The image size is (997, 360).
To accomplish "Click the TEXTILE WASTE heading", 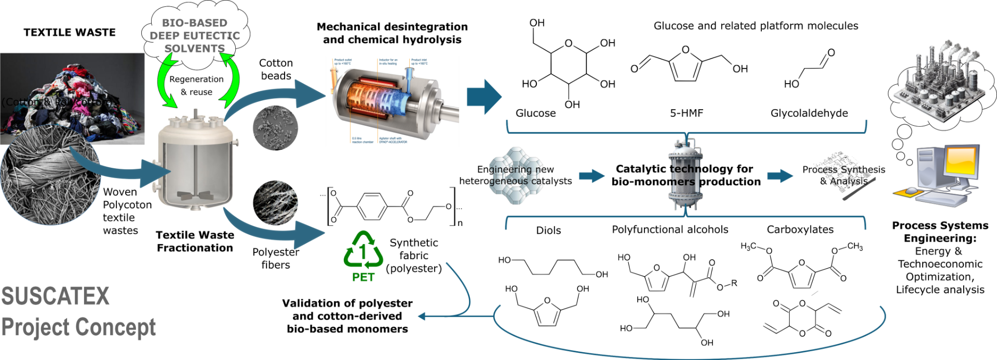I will click(70, 32).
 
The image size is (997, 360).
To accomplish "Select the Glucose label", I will click(535, 113).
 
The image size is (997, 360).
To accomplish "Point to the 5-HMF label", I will click(686, 113).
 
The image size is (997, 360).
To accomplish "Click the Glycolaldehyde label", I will click(809, 113).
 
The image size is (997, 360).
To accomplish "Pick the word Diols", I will click(548, 230).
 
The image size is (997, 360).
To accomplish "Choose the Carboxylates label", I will click(800, 230).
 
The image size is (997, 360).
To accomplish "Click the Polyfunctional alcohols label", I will click(670, 230).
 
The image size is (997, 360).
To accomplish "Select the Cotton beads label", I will click(276, 69).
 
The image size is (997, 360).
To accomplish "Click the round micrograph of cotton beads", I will click(276, 128).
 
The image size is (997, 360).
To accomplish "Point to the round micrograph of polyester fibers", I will click(275, 203).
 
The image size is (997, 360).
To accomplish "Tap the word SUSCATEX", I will click(56, 296).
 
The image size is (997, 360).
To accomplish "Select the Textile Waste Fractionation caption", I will click(195, 242).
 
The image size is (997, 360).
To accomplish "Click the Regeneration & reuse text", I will click(196, 86).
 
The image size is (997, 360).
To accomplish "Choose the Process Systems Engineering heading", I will click(940, 232).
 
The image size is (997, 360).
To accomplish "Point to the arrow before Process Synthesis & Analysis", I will click(780, 176).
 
